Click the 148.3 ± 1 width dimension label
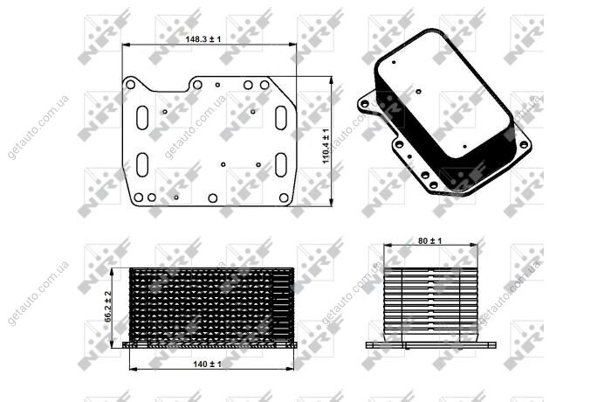[203, 39]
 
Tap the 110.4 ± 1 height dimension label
[326, 146]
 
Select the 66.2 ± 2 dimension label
[108, 307]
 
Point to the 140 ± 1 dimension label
[207, 364]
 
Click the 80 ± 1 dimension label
[429, 241]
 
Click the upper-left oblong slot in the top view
[142, 117]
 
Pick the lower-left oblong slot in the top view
[142, 164]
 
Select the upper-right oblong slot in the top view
[281, 117]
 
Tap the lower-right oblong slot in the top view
[281, 164]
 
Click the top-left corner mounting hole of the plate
[131, 85]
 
